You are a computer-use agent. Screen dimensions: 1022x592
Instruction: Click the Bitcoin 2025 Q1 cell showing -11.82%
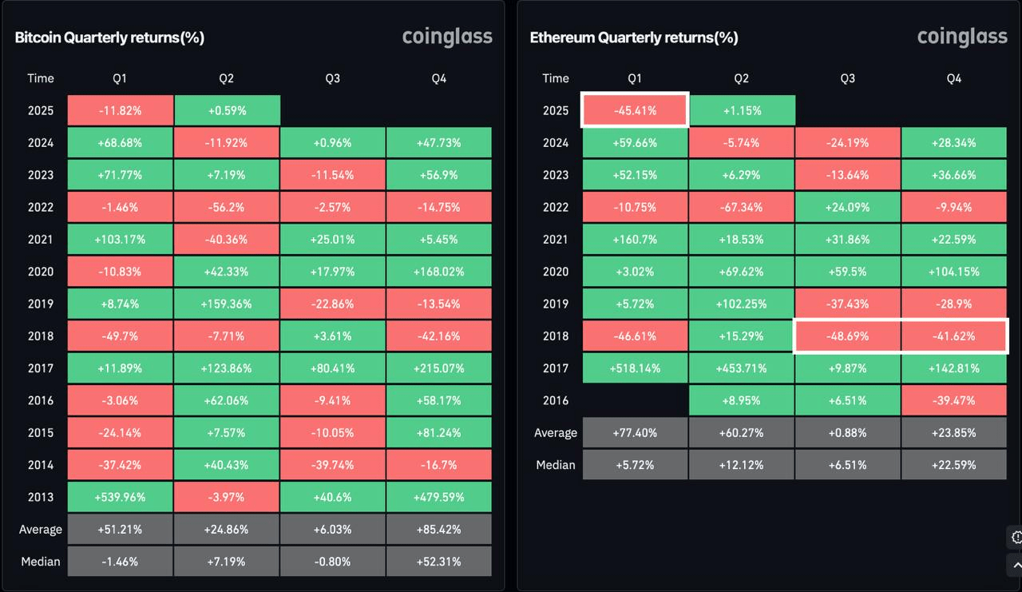[121, 110]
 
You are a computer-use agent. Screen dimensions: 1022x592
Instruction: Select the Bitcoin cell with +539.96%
[121, 497]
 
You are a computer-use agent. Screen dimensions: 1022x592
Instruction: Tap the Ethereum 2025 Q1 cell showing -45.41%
[635, 110]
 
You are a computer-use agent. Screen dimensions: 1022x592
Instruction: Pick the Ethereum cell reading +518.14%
[635, 368]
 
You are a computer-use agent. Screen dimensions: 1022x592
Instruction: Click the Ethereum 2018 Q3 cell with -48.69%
[848, 336]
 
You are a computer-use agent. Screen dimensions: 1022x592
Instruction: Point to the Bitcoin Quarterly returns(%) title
[109, 38]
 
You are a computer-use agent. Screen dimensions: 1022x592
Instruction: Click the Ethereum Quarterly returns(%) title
[634, 38]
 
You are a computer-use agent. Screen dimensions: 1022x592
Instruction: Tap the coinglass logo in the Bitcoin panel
[447, 38]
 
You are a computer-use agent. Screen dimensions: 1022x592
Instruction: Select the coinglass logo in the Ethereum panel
[962, 38]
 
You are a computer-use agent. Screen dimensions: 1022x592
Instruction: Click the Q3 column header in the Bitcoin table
[333, 78]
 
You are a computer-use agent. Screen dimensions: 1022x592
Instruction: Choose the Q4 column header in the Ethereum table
[954, 78]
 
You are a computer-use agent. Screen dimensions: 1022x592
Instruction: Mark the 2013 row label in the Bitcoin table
[41, 497]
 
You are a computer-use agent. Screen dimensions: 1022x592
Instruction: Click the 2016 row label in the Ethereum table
[556, 400]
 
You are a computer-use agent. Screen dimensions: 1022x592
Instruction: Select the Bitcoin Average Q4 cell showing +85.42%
[439, 530]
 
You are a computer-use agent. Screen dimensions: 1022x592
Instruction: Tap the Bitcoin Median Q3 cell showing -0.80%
[333, 562]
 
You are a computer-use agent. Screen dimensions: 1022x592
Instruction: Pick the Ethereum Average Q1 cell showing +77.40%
[635, 433]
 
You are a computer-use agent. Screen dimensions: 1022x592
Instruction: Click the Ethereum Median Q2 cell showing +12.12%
[742, 465]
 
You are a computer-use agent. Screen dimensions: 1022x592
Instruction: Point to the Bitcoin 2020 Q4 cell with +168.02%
[439, 272]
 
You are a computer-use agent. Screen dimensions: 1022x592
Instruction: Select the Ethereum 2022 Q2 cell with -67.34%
[742, 207]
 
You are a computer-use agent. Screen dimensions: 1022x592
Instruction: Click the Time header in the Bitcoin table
[41, 78]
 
